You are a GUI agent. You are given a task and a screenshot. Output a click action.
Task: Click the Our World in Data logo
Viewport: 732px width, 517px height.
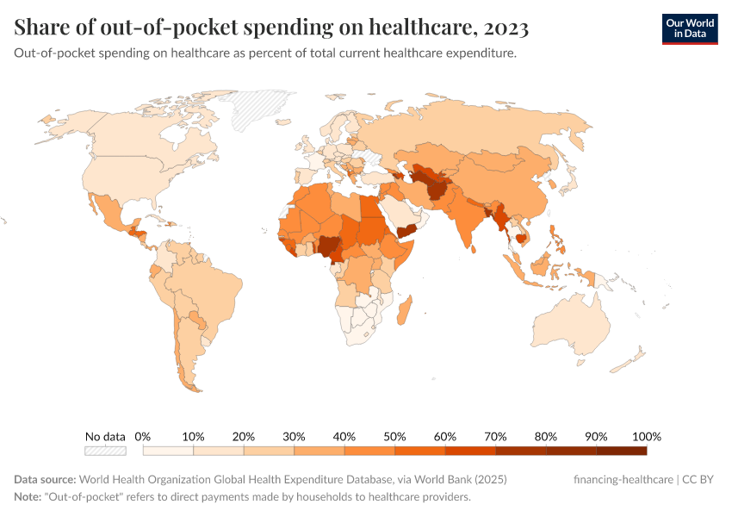pyautogui.click(x=689, y=28)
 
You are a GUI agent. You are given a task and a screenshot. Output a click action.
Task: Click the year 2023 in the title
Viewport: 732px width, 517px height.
pyautogui.click(x=506, y=28)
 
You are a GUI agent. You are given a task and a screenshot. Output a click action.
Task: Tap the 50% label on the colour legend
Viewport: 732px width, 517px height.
pyautogui.click(x=394, y=436)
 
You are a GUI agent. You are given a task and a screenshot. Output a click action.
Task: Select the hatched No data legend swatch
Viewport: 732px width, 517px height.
pyautogui.click(x=105, y=451)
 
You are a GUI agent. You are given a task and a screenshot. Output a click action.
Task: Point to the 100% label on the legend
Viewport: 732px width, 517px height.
pyautogui.click(x=646, y=436)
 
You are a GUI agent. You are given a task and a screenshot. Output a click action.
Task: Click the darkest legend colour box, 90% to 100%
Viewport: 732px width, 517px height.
pyautogui.click(x=621, y=451)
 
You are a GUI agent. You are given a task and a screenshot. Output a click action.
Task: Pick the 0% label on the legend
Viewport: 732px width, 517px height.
pyautogui.click(x=143, y=436)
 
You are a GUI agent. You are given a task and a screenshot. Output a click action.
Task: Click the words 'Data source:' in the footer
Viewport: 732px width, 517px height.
pyautogui.click(x=44, y=479)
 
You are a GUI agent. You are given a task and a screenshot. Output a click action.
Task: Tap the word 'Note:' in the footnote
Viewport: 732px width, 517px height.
pyautogui.click(x=30, y=497)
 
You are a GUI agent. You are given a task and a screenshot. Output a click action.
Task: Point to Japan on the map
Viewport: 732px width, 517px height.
pyautogui.click(x=568, y=184)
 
